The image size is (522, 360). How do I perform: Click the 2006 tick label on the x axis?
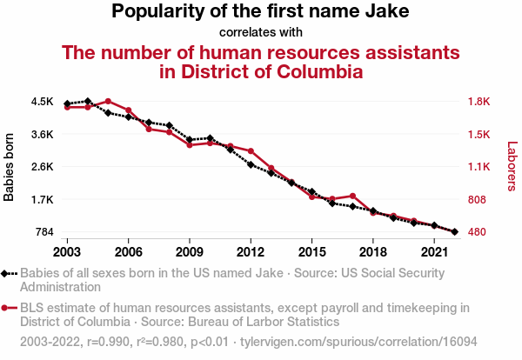[x=129, y=251]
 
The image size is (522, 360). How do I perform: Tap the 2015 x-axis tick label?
[x=311, y=251]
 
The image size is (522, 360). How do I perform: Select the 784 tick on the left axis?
[x=44, y=232]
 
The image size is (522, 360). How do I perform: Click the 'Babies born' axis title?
[x=10, y=167]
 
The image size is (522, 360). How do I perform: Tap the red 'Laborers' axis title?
[x=512, y=167]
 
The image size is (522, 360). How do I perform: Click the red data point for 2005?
[x=108, y=102]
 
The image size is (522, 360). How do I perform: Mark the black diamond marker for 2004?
[x=88, y=102]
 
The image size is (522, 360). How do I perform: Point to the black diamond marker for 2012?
[x=251, y=164]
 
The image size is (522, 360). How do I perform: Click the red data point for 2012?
[x=251, y=151]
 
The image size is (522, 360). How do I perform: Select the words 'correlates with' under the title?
[x=261, y=33]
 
